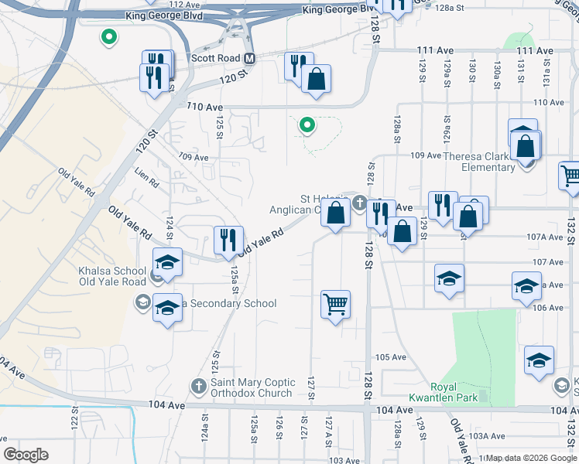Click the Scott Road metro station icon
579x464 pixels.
(x=249, y=58)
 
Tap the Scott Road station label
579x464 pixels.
(x=216, y=58)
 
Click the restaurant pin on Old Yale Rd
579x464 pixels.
(x=228, y=240)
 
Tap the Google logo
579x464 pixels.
(x=26, y=455)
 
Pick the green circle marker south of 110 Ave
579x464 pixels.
(x=307, y=125)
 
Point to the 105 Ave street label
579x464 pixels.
(x=390, y=357)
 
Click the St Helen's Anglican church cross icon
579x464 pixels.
(x=359, y=203)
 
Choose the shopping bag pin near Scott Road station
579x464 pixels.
(x=316, y=78)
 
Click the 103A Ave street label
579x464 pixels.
(x=488, y=436)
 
